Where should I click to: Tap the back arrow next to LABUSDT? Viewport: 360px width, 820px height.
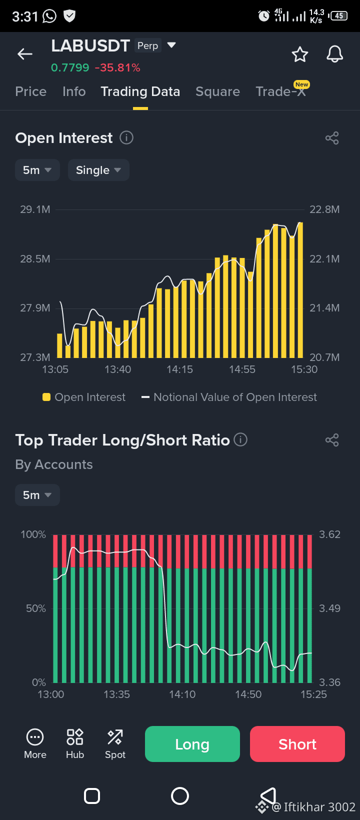[x=25, y=54]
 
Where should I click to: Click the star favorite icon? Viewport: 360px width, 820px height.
[x=300, y=54]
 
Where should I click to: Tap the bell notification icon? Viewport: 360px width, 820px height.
[x=334, y=54]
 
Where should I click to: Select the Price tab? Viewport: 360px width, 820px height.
[x=31, y=91]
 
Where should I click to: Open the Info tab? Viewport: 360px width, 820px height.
[x=74, y=91]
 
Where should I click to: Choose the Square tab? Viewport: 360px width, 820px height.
[x=217, y=91]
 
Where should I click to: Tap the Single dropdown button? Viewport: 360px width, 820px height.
[x=98, y=170]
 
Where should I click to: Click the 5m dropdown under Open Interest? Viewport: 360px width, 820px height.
[x=37, y=170]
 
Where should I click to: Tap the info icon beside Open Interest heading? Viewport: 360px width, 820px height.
[x=126, y=138]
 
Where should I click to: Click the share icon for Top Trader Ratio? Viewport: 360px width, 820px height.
[x=332, y=440]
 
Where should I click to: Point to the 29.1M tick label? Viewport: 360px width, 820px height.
[x=35, y=209]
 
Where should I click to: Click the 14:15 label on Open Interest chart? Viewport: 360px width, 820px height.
[x=180, y=369]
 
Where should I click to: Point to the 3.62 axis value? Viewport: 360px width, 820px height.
[x=329, y=534]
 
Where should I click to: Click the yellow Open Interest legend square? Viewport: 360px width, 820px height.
[x=46, y=397]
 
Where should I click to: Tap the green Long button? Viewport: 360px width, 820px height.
[x=192, y=744]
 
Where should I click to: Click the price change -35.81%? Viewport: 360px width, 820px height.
[x=117, y=67]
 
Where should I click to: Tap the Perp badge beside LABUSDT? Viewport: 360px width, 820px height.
[x=148, y=46]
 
